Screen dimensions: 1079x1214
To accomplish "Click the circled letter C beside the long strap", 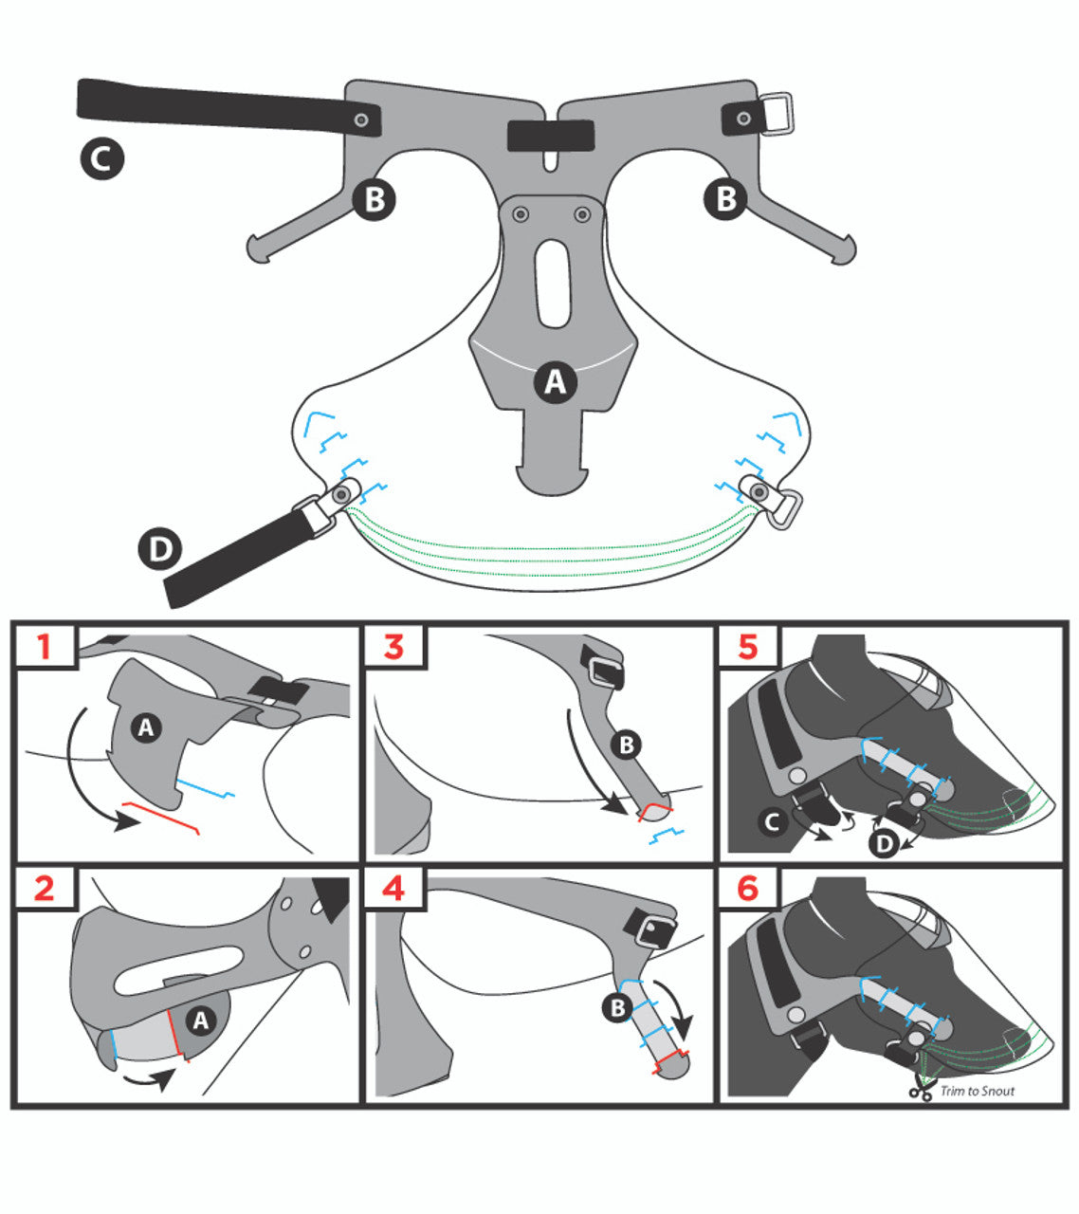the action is click(101, 158).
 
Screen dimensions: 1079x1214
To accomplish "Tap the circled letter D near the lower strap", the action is click(160, 549).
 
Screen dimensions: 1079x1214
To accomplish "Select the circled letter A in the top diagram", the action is click(556, 381).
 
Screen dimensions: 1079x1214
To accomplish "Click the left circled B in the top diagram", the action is click(374, 199).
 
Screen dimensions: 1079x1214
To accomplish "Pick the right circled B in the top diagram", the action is click(725, 198).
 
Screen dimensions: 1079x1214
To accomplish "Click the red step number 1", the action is click(44, 647).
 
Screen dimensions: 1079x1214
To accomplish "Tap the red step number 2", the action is click(45, 888).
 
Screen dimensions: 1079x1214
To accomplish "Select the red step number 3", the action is click(393, 647).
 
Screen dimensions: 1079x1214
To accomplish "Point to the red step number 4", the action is click(393, 888).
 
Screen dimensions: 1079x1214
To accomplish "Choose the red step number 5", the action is click(748, 647).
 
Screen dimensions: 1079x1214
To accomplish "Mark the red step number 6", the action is click(748, 888).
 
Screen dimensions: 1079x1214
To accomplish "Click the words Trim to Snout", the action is click(978, 1091).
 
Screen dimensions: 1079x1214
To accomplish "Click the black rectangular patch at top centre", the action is click(551, 136).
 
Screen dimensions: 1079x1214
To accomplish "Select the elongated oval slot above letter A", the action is click(553, 284).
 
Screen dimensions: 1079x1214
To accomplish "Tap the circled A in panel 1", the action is click(146, 727).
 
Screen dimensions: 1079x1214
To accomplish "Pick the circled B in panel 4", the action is click(617, 1007).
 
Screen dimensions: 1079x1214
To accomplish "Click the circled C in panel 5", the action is click(773, 821).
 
